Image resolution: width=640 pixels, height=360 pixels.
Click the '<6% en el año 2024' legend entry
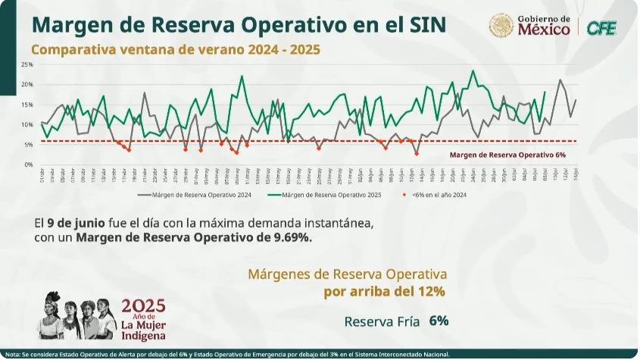tap(439, 194)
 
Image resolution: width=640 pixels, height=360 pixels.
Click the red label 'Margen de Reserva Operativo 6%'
tap(507, 154)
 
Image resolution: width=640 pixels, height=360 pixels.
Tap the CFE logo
tap(601, 27)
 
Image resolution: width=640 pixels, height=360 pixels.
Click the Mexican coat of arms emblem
tap(501, 26)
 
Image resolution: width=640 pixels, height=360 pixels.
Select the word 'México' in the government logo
tap(544, 30)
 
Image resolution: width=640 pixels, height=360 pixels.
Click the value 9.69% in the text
tap(290, 237)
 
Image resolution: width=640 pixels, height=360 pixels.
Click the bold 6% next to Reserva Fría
tap(439, 320)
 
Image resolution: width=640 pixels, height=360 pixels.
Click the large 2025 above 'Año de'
tap(142, 305)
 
